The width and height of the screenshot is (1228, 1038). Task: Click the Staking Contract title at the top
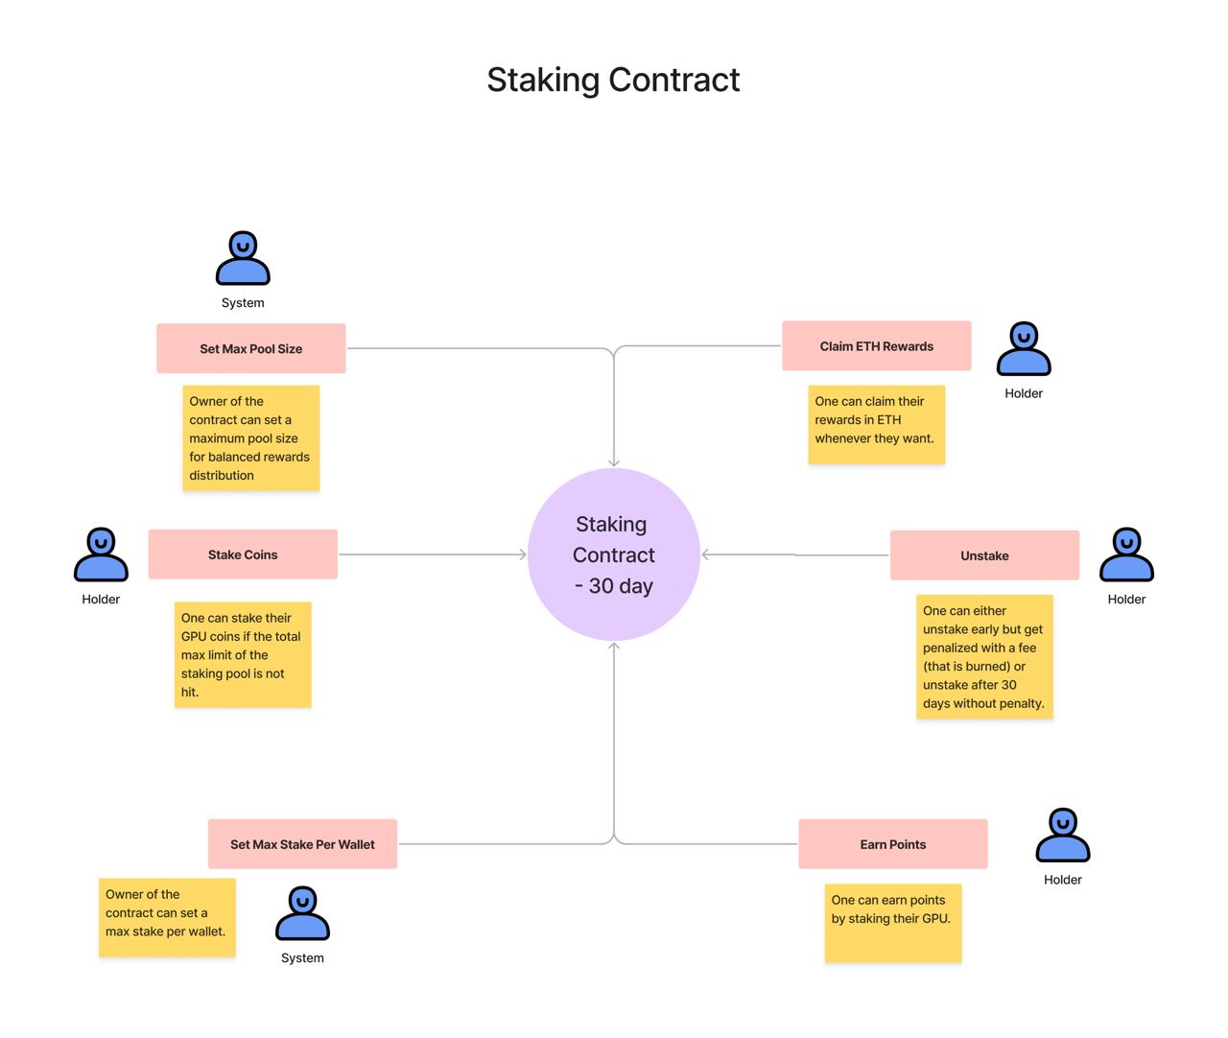(x=613, y=80)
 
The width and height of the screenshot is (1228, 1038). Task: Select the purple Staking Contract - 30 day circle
(x=614, y=554)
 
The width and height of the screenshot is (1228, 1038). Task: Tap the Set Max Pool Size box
(x=250, y=348)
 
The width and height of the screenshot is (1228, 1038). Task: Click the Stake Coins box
(x=243, y=554)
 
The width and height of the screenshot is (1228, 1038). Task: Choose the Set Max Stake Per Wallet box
(x=302, y=844)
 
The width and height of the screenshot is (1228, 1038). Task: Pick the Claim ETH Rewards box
(x=876, y=346)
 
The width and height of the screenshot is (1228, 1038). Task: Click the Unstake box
(x=984, y=555)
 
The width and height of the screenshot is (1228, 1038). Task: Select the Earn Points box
(x=892, y=844)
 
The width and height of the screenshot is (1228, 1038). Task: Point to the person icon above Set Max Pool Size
(x=243, y=259)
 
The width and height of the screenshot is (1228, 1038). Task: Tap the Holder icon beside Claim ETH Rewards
(x=1024, y=349)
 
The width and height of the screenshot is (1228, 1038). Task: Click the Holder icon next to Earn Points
(x=1062, y=836)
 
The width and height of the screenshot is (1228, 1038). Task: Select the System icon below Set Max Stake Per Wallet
(x=302, y=913)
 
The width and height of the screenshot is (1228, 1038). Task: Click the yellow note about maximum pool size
(x=250, y=438)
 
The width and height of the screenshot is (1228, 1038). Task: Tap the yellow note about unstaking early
(x=984, y=657)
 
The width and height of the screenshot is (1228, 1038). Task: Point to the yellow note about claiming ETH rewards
(x=876, y=424)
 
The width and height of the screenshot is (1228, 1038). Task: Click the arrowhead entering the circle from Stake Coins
(x=523, y=554)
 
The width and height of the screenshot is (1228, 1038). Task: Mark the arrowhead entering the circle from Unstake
(x=706, y=554)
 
